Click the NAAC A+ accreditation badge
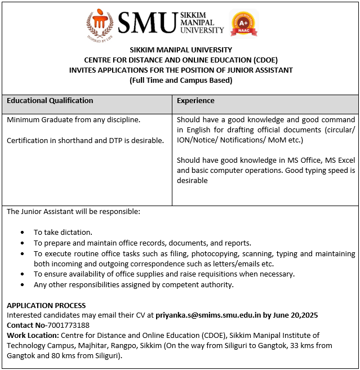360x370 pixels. pos(245,23)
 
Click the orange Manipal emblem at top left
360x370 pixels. pos(100,24)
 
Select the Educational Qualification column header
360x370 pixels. pos(50,101)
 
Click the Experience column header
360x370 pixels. pos(195,101)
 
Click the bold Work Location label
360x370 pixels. pos(32,336)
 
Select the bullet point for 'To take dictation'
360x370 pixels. pos(22,232)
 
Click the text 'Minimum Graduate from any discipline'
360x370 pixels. pos(74,120)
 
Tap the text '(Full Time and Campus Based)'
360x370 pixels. pos(181,81)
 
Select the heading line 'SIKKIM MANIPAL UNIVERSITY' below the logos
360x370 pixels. pos(181,50)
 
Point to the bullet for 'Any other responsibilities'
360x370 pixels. pos(22,285)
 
